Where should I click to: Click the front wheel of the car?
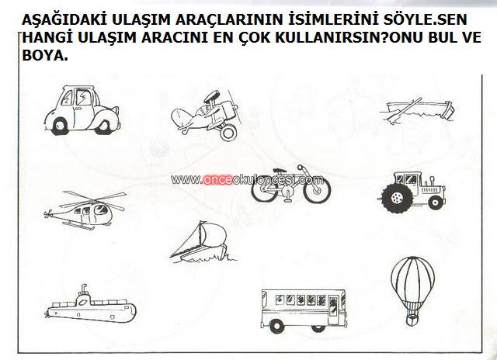click(60, 126)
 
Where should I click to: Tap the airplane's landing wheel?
click(228, 133)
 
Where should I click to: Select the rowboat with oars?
click(418, 111)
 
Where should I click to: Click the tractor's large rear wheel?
click(397, 198)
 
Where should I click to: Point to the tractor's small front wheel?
click(436, 202)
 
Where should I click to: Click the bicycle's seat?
click(280, 171)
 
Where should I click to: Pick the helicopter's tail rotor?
click(48, 214)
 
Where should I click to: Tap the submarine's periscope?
click(84, 289)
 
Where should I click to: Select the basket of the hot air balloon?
click(412, 320)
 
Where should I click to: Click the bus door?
click(333, 310)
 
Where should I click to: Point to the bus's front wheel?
click(318, 328)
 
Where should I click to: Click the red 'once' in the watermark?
click(217, 180)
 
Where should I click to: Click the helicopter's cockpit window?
click(101, 209)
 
